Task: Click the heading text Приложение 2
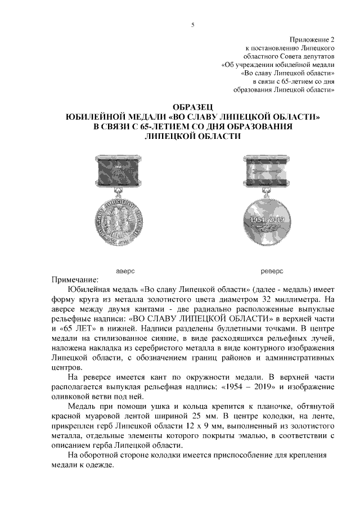[x=312, y=40]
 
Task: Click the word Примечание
[x=75, y=280]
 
